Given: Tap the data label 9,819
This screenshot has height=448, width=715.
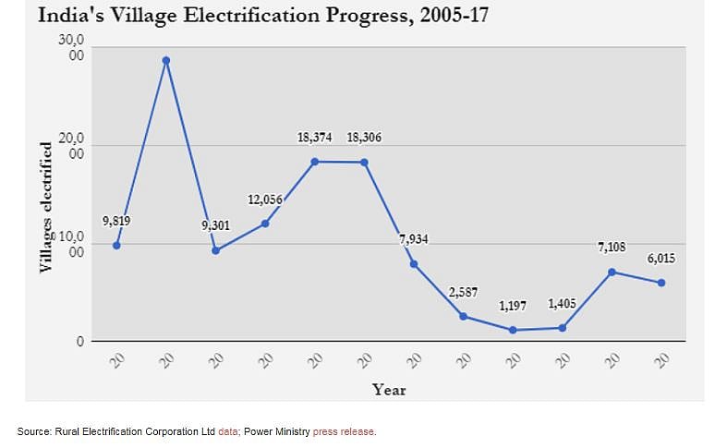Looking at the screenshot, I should pyautogui.click(x=118, y=222).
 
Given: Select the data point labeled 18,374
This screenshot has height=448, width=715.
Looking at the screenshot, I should pyautogui.click(x=315, y=162).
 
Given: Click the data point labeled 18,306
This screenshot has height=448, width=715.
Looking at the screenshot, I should pyautogui.click(x=364, y=163).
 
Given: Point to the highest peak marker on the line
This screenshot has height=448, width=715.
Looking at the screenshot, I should pyautogui.click(x=166, y=61).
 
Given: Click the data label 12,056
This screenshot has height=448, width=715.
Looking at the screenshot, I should pyautogui.click(x=265, y=200).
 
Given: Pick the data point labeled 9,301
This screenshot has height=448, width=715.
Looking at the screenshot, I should pyautogui.click(x=216, y=250).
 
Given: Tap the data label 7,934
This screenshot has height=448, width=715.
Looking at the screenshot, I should pyautogui.click(x=414, y=240).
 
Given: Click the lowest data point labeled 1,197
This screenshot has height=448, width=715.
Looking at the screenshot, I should pyautogui.click(x=513, y=330).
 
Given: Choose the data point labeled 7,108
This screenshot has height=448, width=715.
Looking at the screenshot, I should pyautogui.click(x=612, y=272).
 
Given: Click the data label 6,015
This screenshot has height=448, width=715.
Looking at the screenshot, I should pyautogui.click(x=660, y=260).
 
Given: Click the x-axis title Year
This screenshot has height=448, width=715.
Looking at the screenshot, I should pyautogui.click(x=389, y=390).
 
